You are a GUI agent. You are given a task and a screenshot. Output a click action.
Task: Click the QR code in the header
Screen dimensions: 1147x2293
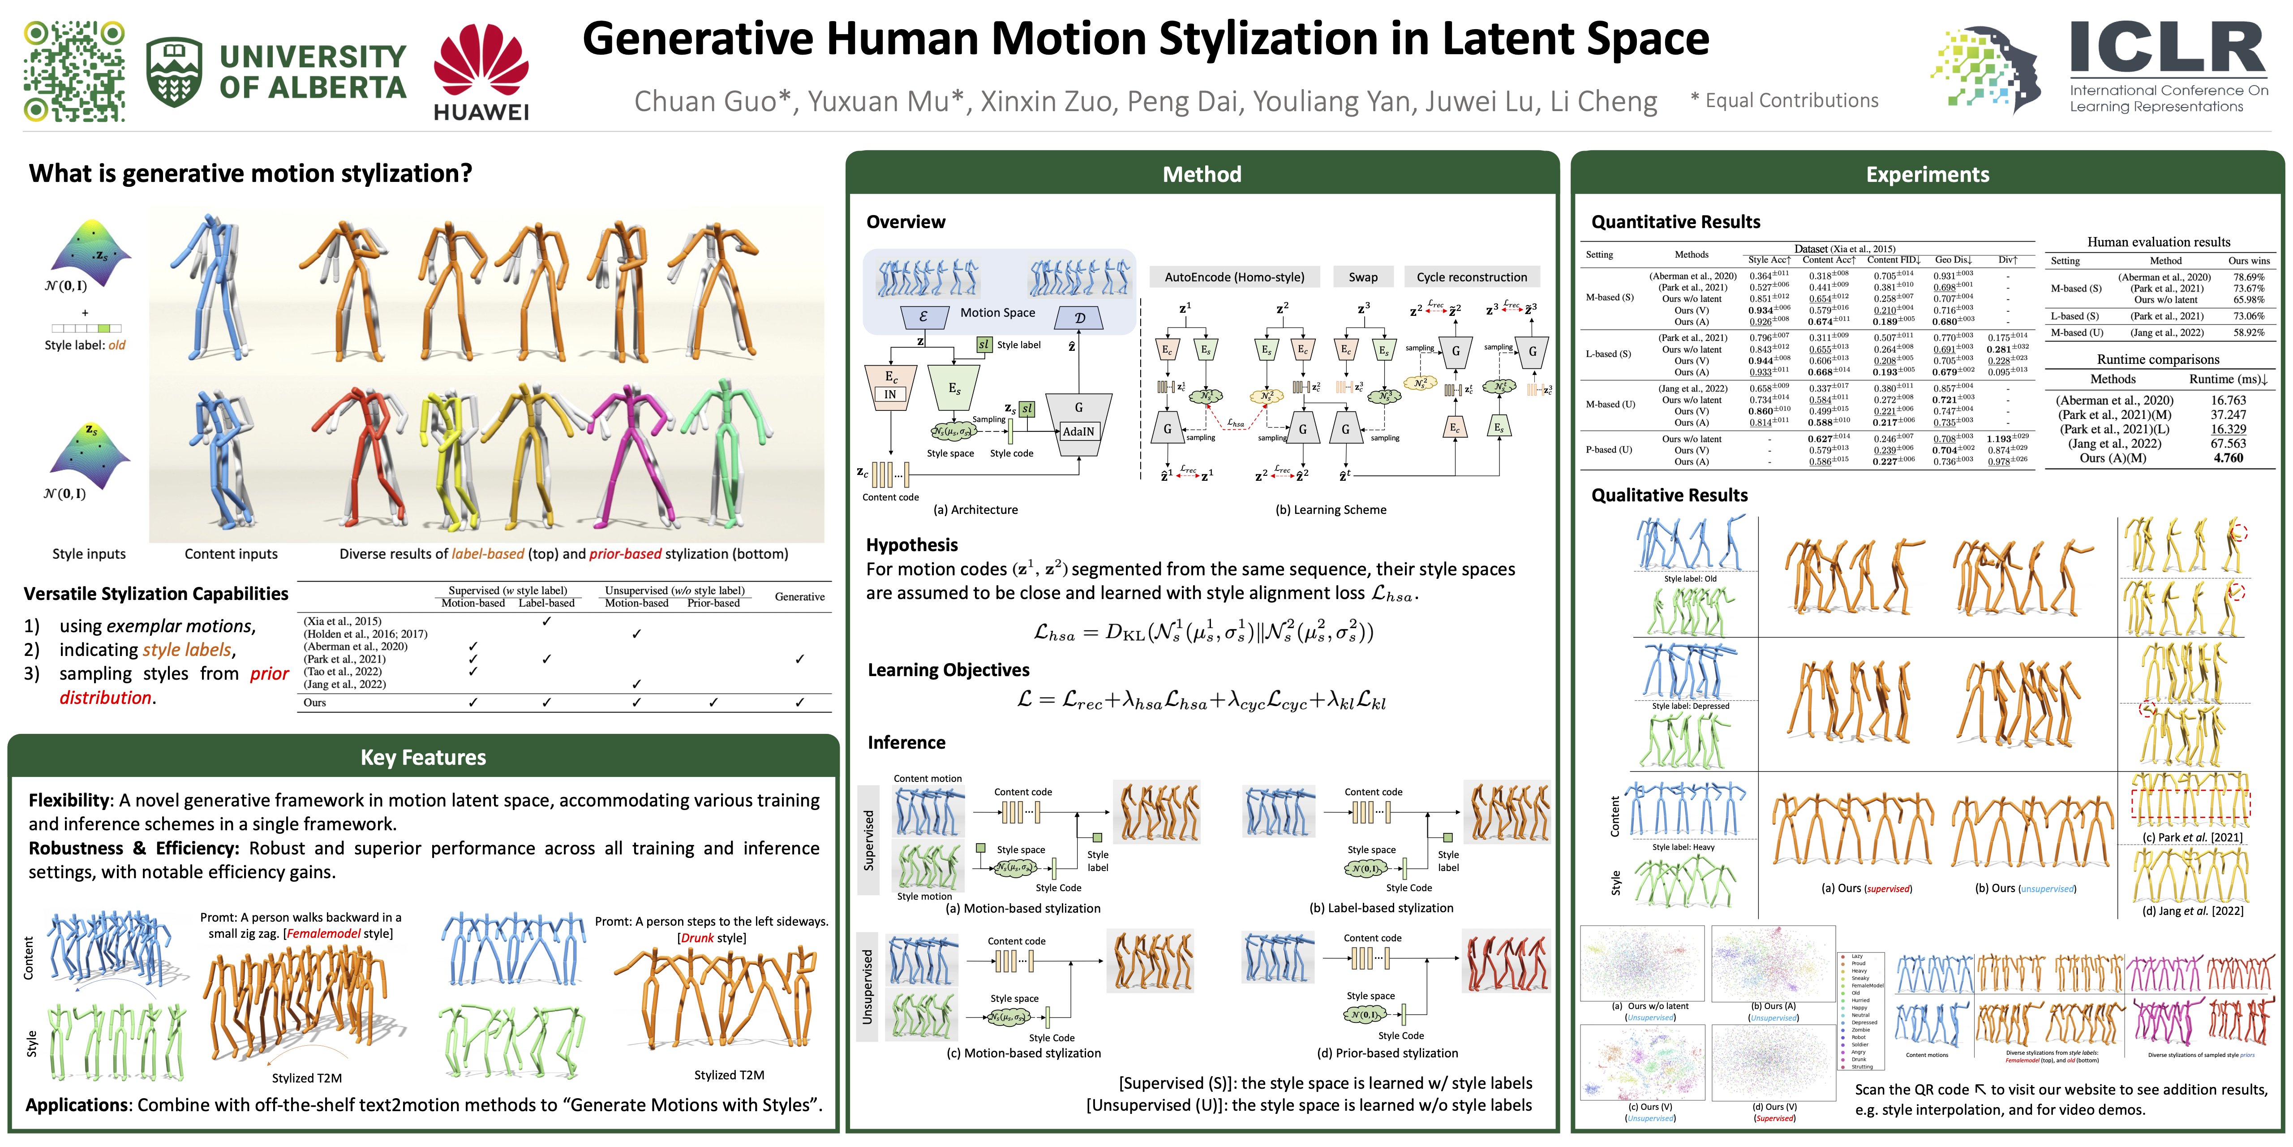tap(74, 71)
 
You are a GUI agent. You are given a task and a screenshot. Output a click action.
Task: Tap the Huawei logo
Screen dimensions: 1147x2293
tap(481, 71)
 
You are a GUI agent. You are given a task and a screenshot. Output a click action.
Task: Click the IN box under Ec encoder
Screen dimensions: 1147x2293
tap(890, 394)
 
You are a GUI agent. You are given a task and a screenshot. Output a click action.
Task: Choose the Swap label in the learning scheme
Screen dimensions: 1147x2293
tap(1363, 277)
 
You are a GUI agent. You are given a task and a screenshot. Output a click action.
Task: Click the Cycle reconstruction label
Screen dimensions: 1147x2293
tap(1471, 277)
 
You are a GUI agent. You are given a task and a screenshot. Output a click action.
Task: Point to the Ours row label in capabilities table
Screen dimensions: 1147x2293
tap(315, 703)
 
